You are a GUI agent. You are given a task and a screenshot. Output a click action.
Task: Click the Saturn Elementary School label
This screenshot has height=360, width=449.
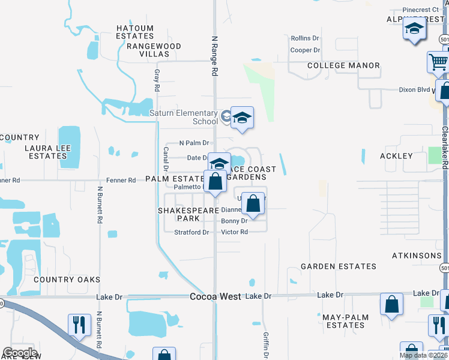point(183,117)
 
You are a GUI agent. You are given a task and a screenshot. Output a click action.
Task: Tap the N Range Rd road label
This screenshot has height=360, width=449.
point(214,55)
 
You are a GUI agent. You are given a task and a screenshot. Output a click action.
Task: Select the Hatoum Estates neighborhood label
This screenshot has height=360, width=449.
point(135,32)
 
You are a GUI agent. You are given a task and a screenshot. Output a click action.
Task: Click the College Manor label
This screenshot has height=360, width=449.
point(343,65)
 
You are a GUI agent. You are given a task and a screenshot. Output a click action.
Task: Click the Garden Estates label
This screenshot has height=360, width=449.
point(339,266)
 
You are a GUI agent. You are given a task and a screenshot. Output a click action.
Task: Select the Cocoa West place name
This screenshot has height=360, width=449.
point(215,296)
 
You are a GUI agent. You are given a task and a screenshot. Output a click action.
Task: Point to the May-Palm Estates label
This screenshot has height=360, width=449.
point(343,321)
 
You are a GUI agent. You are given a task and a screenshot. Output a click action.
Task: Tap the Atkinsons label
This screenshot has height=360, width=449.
point(417,256)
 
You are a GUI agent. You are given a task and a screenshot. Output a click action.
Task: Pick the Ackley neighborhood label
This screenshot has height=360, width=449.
point(396,156)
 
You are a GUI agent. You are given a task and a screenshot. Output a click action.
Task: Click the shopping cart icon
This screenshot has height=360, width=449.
point(438,61)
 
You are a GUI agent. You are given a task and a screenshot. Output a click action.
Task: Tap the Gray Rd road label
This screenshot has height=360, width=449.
point(157,80)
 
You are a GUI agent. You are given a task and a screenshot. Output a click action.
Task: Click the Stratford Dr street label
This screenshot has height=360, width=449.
point(191,232)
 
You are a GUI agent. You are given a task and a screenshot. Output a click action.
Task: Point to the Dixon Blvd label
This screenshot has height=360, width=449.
point(415,90)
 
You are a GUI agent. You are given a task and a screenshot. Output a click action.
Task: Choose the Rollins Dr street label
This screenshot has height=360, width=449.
point(304,38)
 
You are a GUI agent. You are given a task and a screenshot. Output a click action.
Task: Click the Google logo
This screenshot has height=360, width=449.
point(19,353)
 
